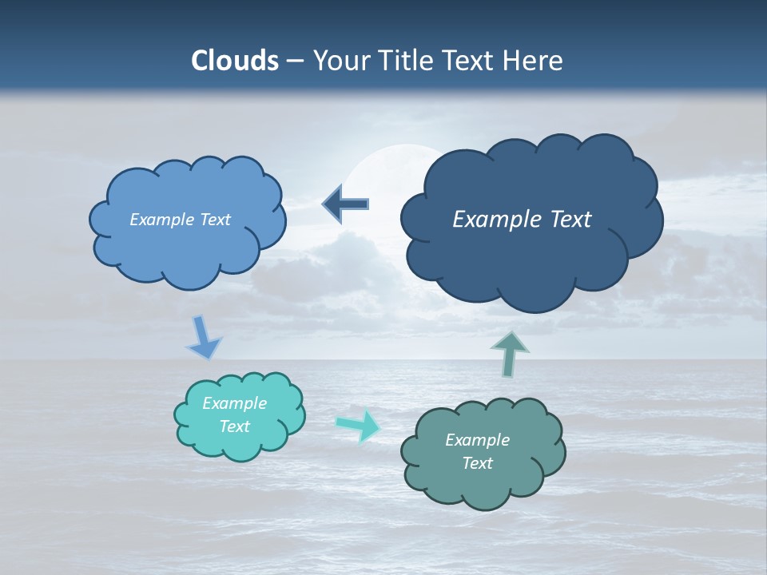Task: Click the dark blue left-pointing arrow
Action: coord(346,204)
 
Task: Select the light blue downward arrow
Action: coord(203,339)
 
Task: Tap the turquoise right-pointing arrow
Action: coord(359,426)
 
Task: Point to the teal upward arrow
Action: coord(509,354)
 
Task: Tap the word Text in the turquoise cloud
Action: coord(235,426)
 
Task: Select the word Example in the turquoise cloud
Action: coord(235,403)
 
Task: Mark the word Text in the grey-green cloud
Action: coord(477,463)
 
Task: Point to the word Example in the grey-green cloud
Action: coord(477,440)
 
